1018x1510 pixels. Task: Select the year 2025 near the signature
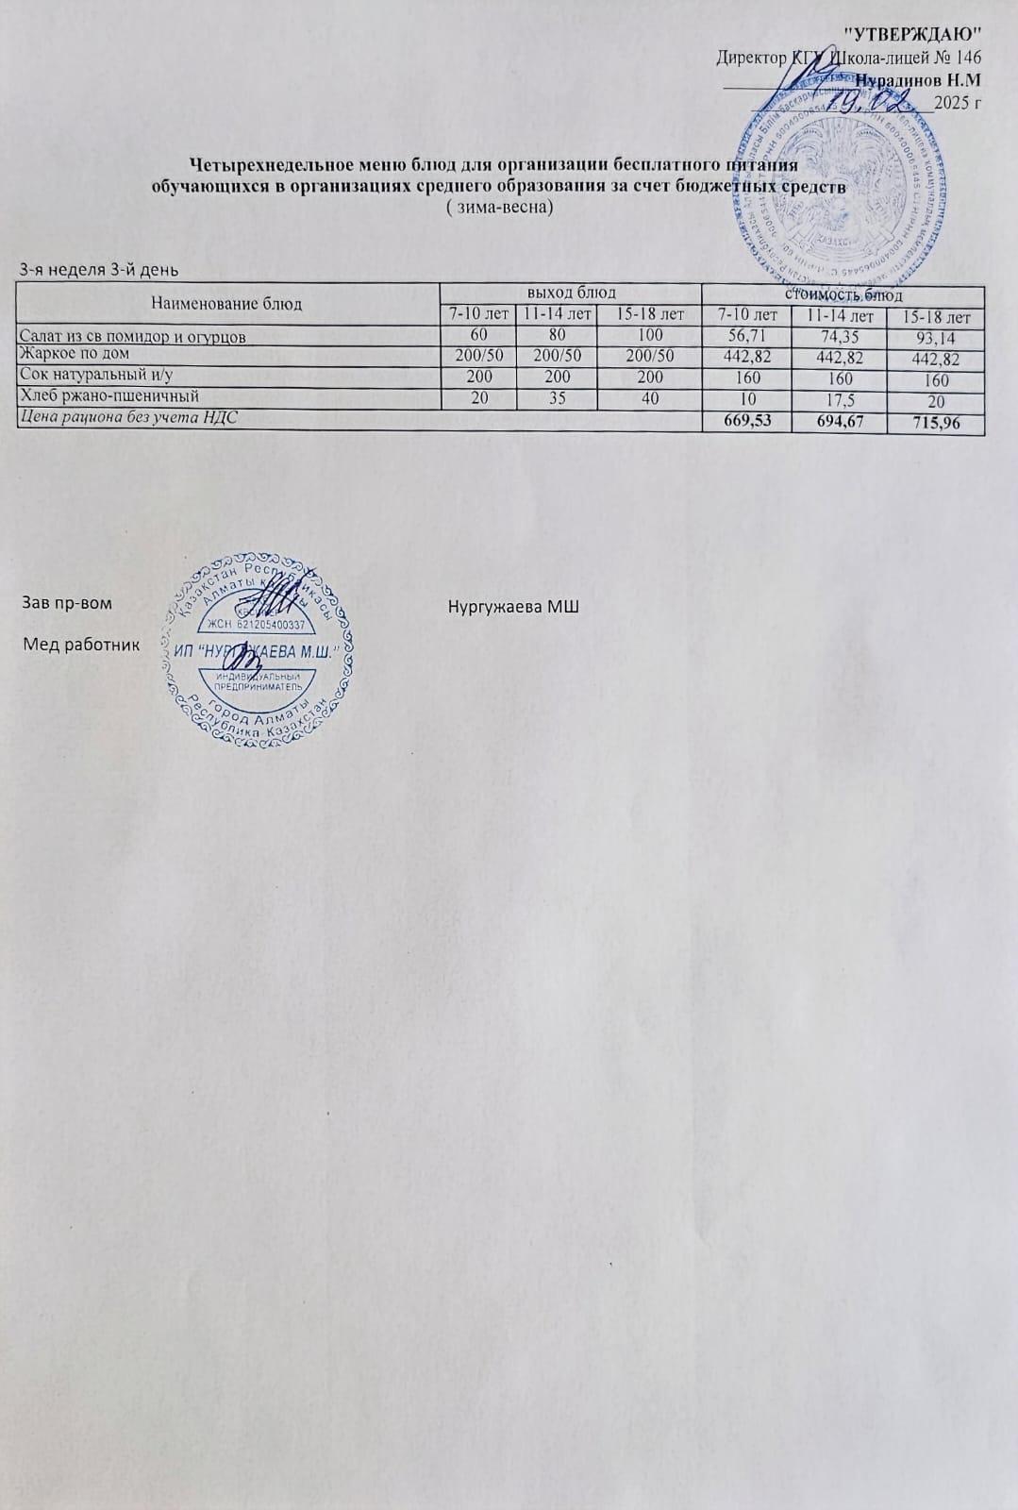click(x=951, y=102)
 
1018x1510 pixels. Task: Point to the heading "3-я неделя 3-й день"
click(x=99, y=270)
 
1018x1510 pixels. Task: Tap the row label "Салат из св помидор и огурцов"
click(x=134, y=335)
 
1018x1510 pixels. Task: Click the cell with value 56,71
click(x=746, y=336)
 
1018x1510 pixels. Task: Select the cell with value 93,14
click(x=936, y=338)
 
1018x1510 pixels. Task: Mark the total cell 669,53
click(x=748, y=420)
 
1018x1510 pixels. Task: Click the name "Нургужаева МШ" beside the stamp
click(x=513, y=604)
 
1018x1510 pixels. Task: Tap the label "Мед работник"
click(x=81, y=645)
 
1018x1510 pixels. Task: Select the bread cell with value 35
click(x=557, y=397)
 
